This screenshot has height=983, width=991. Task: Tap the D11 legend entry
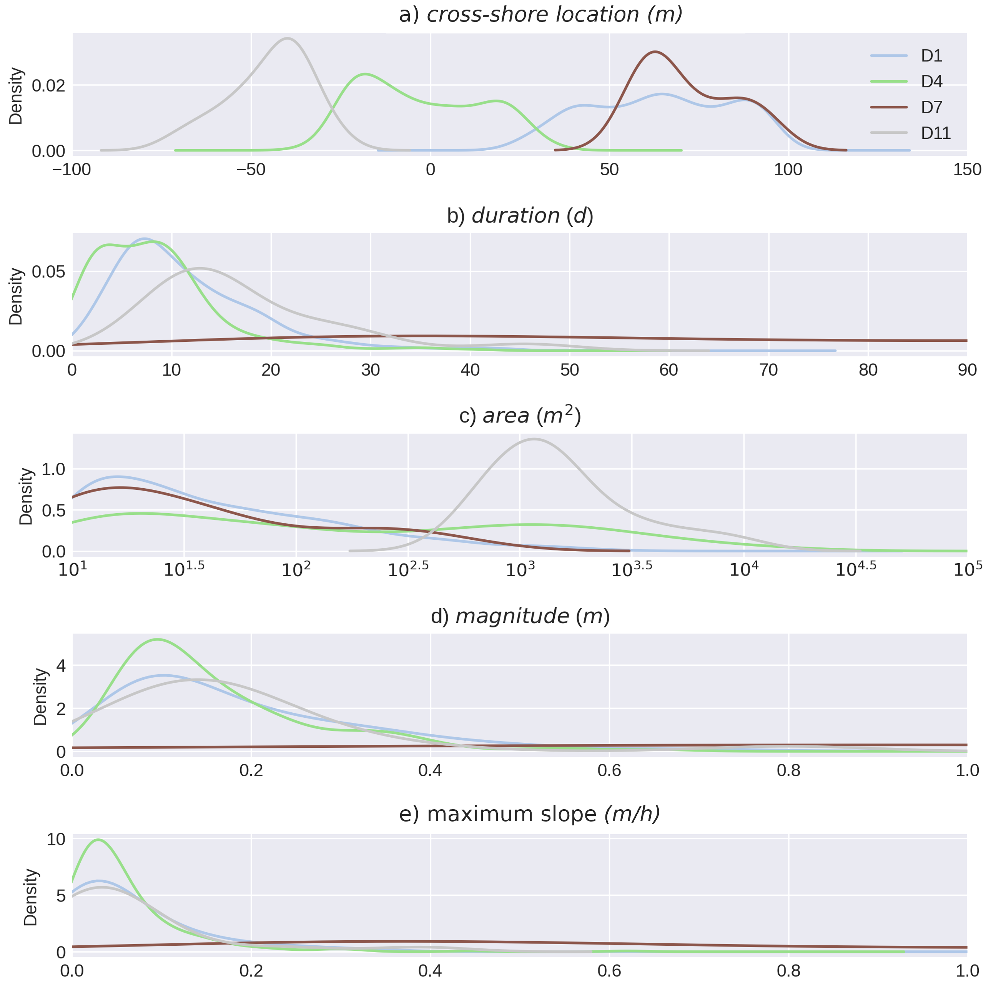tap(911, 133)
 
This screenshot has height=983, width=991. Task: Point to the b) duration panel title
tap(520, 216)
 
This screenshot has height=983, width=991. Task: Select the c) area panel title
tap(520, 415)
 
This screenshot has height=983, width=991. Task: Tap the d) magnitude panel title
tap(520, 616)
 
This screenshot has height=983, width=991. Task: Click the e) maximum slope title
tap(529, 814)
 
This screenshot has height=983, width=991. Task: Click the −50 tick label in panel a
tap(251, 170)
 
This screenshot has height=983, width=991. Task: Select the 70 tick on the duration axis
tap(768, 370)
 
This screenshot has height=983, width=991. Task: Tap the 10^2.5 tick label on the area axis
tap(408, 569)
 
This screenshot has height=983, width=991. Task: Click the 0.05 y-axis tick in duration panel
tap(49, 272)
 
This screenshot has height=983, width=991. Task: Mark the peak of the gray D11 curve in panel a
tap(288, 38)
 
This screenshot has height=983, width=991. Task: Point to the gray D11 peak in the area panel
tap(534, 439)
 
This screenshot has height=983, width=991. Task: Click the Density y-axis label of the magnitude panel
tap(40, 697)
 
